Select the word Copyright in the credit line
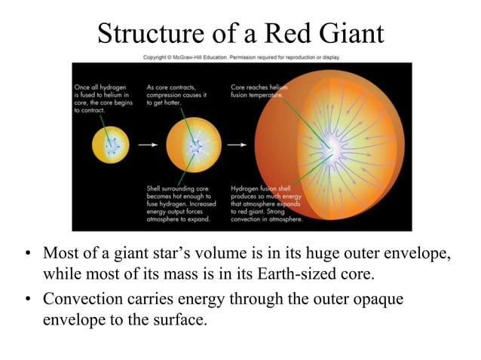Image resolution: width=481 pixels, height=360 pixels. [x=157, y=56]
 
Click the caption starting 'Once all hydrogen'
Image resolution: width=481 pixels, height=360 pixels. [x=103, y=98]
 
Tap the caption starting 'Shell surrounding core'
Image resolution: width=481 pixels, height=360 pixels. [x=182, y=203]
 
